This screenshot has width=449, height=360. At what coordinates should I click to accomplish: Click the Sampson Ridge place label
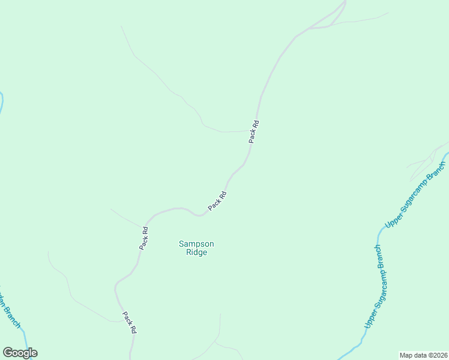(x=196, y=248)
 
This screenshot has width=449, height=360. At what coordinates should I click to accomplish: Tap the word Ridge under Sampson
(x=196, y=253)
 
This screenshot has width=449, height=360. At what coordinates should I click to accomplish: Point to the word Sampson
(x=196, y=244)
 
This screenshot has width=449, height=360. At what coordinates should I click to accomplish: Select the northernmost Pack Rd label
(x=255, y=132)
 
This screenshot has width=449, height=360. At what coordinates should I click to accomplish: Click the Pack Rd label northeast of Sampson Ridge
(x=217, y=200)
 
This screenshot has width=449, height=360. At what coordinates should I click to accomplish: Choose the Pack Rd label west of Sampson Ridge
(x=144, y=238)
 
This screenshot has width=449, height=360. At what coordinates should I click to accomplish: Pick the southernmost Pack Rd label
(x=130, y=322)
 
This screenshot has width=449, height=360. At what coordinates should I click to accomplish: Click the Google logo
(x=20, y=353)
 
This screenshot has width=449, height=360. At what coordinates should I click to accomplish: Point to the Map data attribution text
(x=424, y=355)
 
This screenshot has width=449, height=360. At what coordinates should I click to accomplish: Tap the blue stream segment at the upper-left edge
(x=1, y=101)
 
